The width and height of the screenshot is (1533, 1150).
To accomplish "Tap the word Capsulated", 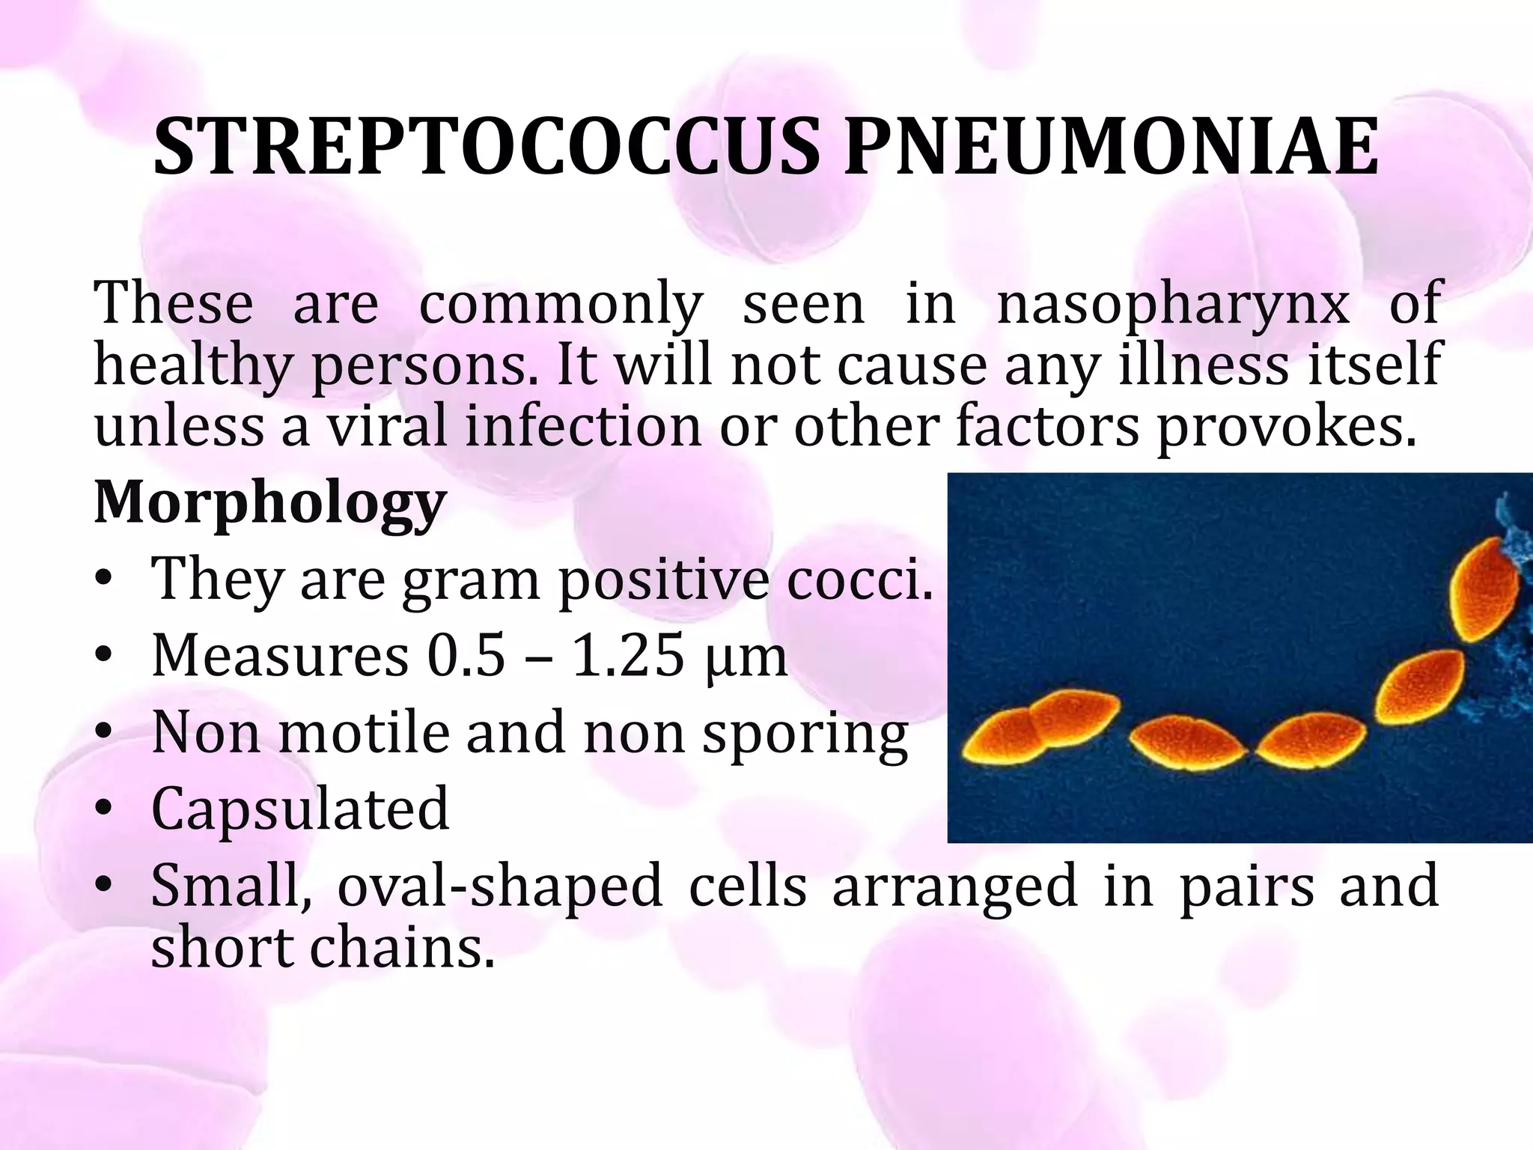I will click(300, 809).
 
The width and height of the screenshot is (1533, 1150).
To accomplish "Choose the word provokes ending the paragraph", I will click(1287, 426).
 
